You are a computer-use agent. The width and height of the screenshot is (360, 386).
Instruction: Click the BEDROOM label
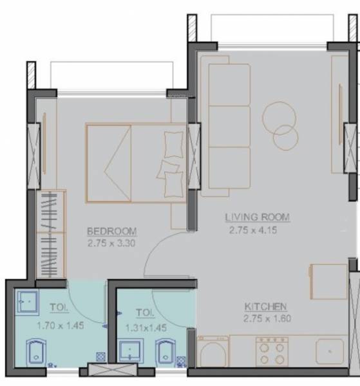(112, 232)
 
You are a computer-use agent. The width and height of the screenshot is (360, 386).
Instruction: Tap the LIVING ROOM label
(257, 217)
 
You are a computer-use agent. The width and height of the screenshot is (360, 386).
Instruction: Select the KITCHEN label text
(265, 307)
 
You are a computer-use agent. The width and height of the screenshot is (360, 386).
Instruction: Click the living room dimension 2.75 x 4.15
(252, 229)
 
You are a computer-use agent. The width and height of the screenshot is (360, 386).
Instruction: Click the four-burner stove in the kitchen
(271, 352)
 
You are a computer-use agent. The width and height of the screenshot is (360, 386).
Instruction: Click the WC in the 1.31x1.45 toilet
(165, 354)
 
